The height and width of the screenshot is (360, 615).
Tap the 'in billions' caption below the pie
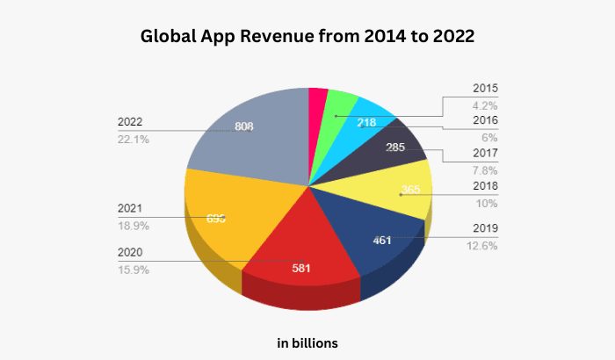tap(307, 342)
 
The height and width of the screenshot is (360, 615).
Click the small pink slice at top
tap(318, 101)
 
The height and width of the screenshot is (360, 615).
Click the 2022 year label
tap(129, 122)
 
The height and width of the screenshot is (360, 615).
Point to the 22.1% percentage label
tap(132, 139)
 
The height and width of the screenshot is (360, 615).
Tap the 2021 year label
tap(129, 208)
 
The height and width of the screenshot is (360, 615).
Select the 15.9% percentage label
tap(133, 270)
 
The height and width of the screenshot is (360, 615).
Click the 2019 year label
tap(484, 228)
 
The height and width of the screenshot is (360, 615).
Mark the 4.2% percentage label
tap(485, 104)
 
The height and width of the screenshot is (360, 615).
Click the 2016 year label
tap(484, 120)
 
